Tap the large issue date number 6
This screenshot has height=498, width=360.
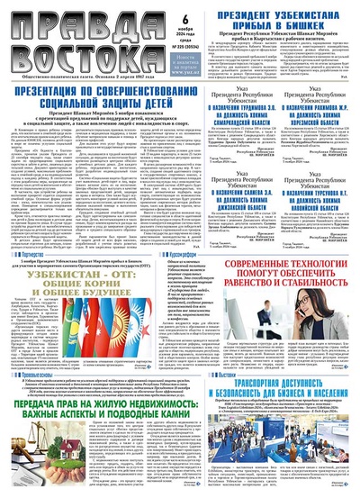click(187, 20)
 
